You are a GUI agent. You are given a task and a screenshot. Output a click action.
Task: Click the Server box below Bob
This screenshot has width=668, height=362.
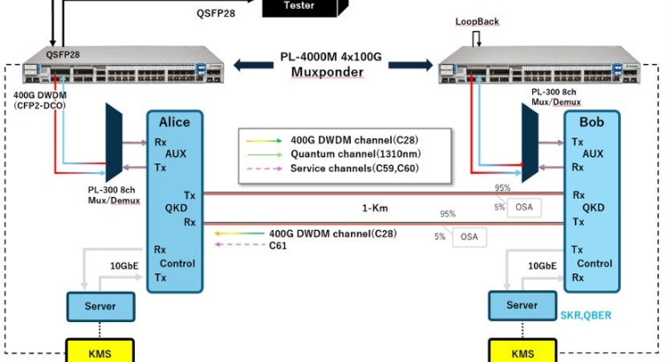click(x=522, y=305)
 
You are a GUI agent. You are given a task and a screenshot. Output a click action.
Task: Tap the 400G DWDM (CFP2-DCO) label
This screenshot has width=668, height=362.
click(x=36, y=99)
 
